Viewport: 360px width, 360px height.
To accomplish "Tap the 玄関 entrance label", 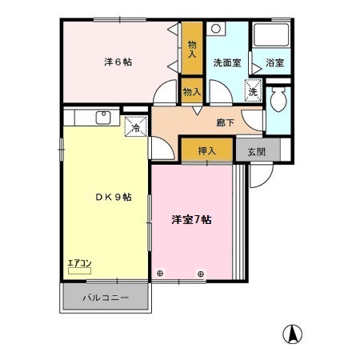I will pos(256,150).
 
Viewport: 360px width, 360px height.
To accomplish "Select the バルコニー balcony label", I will pos(106,300).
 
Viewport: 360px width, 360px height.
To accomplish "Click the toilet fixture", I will pos(278,102).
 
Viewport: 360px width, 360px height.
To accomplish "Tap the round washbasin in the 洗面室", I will pos(216,29).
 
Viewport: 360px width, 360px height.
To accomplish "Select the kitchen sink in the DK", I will pos(102,118).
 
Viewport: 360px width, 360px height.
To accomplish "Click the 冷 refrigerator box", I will pos(135,126).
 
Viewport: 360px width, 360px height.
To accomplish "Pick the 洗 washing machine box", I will pos(253,92).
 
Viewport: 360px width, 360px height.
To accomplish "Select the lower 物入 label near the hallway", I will pos(192,92).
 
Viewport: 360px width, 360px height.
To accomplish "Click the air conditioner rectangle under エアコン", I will pos(78,271).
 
